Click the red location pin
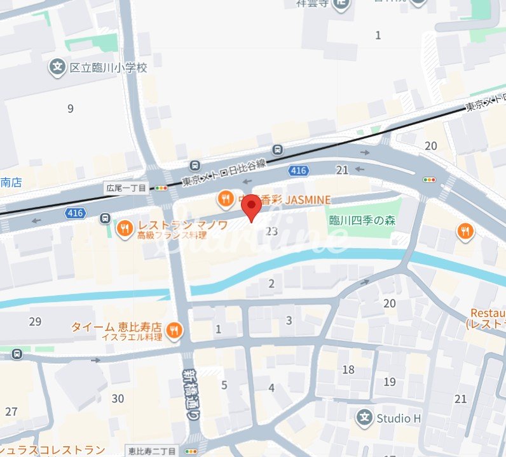[x=252, y=206]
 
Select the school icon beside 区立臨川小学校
[x=58, y=66]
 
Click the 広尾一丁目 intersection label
[x=126, y=188]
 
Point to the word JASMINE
[x=308, y=200]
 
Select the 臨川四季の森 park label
[x=362, y=220]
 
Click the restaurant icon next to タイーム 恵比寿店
[x=174, y=330]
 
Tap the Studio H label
[x=399, y=418]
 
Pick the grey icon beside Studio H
[x=364, y=418]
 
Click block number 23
[x=272, y=231]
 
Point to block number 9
[x=71, y=109]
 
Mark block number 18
[x=348, y=369]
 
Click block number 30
[x=118, y=399]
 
